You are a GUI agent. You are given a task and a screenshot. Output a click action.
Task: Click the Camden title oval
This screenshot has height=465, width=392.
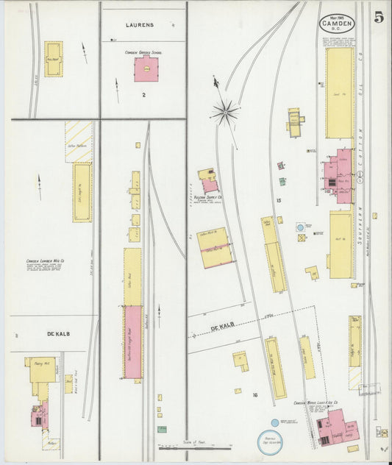pyautogui.click(x=337, y=24)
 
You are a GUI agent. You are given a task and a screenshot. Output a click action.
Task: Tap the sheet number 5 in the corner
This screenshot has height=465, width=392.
pyautogui.click(x=378, y=18)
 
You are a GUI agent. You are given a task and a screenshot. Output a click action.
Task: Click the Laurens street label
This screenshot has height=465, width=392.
pyautogui.click(x=140, y=25)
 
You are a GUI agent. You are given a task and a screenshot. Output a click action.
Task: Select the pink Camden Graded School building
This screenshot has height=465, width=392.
pyautogui.click(x=146, y=70)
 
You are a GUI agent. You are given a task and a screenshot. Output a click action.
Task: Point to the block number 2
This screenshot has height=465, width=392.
pyautogui.click(x=145, y=95)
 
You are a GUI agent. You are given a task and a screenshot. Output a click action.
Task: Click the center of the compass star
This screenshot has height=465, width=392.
pyautogui.click(x=224, y=113)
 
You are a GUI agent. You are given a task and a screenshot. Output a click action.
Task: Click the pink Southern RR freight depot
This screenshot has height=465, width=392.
pyautogui.click(x=133, y=342)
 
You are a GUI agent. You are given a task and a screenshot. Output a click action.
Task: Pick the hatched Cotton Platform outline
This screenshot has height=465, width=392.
pyautogui.click(x=78, y=141)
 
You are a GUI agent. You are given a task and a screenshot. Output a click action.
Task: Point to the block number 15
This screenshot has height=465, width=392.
pyautogui.click(x=278, y=201)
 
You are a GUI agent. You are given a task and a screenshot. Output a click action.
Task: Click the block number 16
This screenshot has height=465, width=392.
pyautogui.click(x=254, y=395)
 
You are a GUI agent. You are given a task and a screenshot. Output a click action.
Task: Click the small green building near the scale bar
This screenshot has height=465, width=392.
pyautogui.click(x=162, y=429)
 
